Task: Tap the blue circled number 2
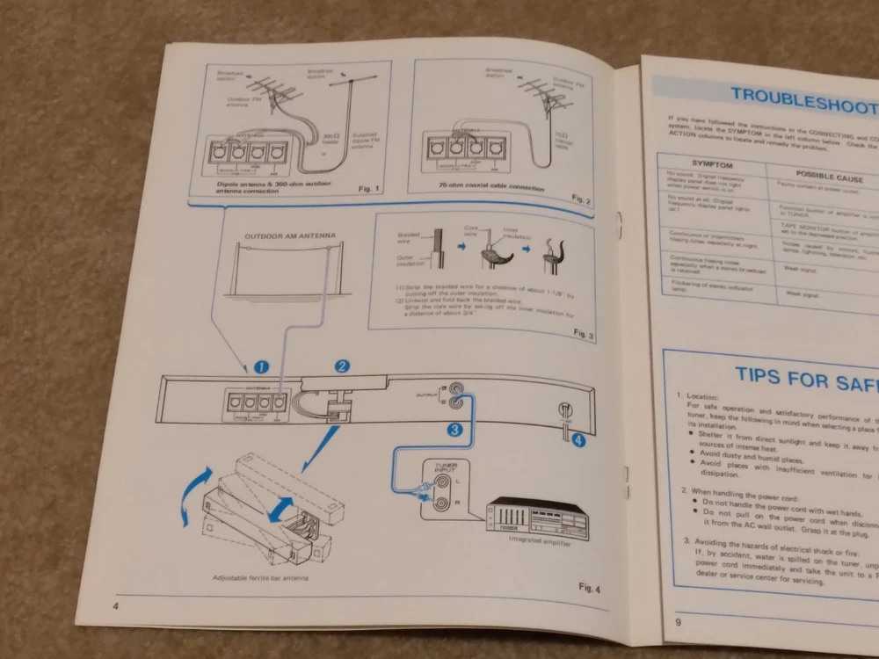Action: coord(343,366)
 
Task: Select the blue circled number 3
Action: coord(454,430)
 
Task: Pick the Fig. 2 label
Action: coord(582,200)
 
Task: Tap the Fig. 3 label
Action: coord(584,334)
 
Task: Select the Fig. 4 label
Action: coord(588,587)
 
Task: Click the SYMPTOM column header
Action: coord(712,164)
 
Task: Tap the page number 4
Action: coord(116,606)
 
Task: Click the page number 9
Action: coord(678,623)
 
